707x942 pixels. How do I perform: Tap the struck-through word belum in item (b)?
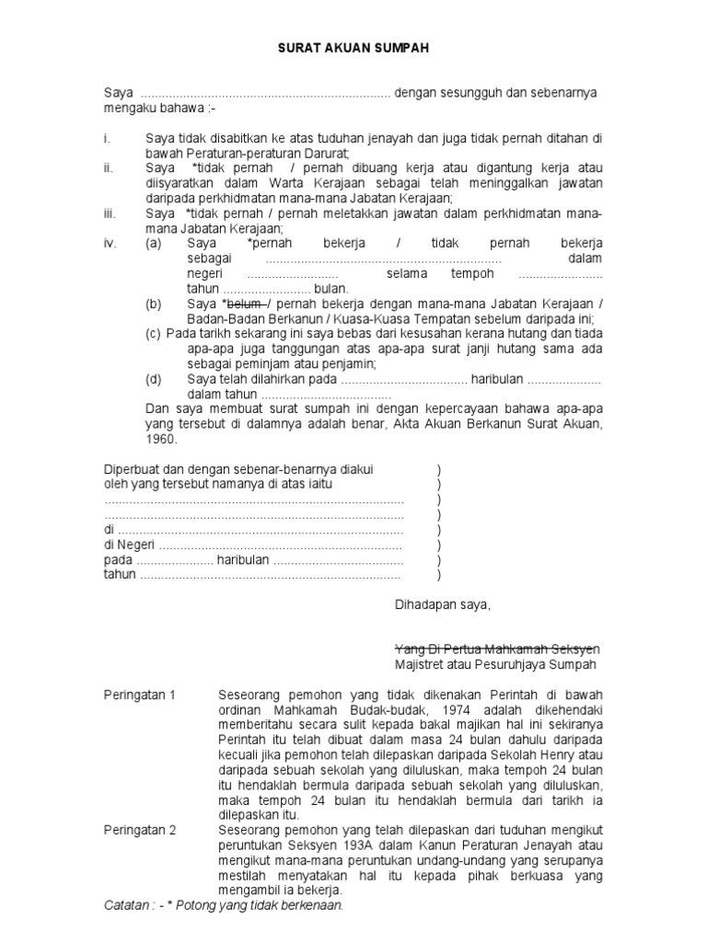(244, 304)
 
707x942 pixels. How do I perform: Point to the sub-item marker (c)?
(154, 333)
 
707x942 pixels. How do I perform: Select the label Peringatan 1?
(139, 695)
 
